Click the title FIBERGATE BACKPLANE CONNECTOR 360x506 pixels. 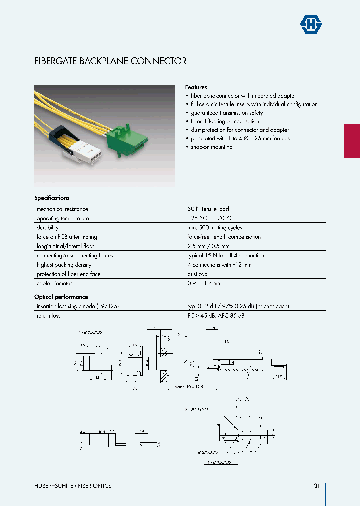point(110,61)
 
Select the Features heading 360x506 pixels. point(196,87)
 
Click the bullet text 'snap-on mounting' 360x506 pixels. point(211,147)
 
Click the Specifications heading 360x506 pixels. point(52,198)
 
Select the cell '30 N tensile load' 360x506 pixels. point(208,209)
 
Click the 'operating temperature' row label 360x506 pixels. point(62,218)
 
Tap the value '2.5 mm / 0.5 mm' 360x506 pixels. point(208,246)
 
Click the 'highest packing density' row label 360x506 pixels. point(64,265)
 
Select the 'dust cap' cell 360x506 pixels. point(197,274)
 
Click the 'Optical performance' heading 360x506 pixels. point(61,297)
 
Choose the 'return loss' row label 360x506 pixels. point(48,316)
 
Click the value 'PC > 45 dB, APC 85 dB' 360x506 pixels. point(216,316)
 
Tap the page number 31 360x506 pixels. point(317,486)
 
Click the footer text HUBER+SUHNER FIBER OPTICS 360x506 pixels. point(73,486)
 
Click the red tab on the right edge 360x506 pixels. point(352,140)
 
